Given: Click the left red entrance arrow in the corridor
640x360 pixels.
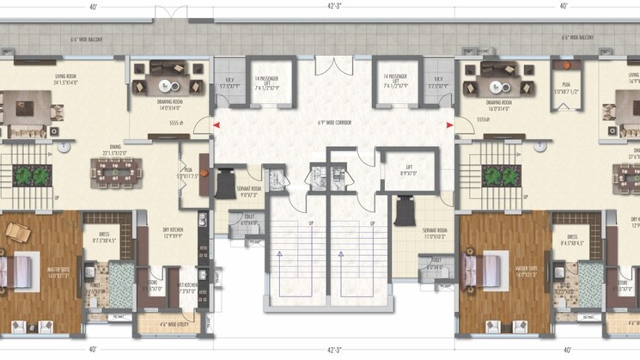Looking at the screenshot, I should (x=216, y=125).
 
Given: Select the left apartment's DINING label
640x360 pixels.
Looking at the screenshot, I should (x=113, y=150).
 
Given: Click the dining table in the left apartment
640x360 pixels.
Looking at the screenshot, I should (x=113, y=173).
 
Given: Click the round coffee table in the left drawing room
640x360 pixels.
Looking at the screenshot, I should (x=167, y=82).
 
